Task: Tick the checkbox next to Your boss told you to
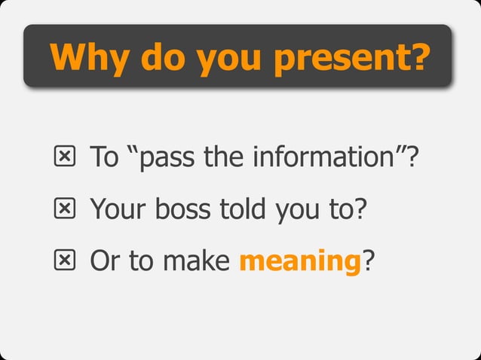65,209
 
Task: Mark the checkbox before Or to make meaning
65,261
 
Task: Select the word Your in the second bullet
118,209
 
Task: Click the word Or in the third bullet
105,261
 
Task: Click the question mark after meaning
368,261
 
